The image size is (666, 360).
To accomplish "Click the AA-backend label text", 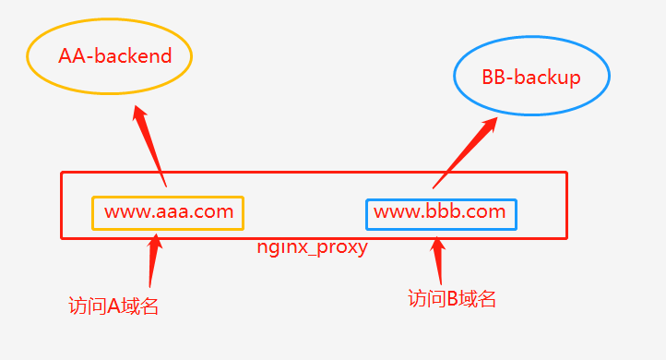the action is [115, 55].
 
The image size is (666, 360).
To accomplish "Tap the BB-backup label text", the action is [531, 77].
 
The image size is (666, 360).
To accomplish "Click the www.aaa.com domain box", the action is [168, 212].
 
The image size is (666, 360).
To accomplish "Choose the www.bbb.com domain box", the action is [441, 213].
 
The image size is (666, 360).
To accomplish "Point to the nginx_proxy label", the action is [312, 247].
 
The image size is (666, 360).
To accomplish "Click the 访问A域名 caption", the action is [113, 306].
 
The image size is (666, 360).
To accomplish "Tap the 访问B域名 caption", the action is [452, 298].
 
